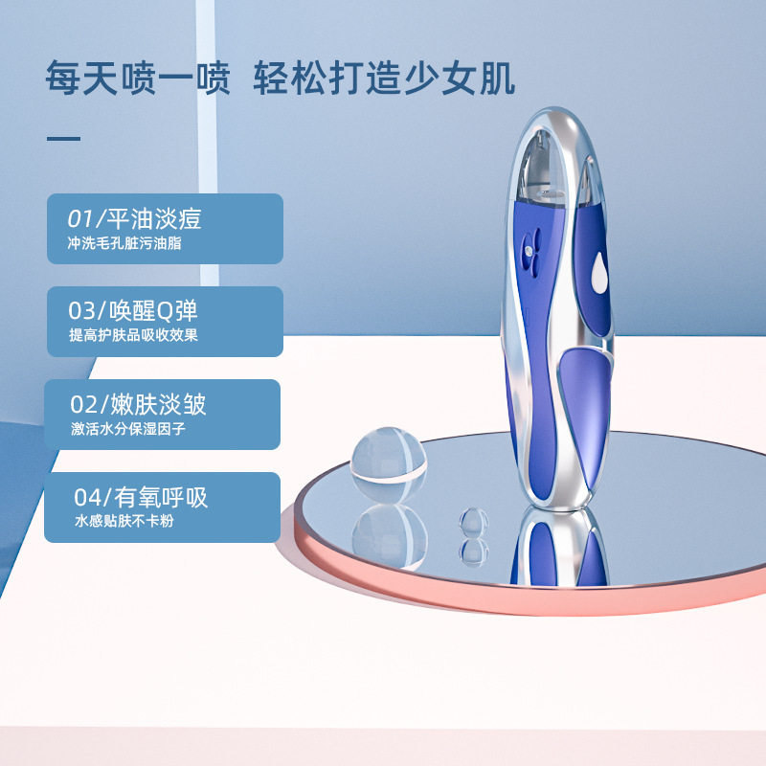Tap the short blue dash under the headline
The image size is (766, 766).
pos(64,139)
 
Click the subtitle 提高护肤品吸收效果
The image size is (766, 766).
pos(133,336)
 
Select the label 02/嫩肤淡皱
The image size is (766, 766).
pos(138,403)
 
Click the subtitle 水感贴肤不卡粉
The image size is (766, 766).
pos(124,523)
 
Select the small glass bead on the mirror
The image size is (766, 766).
pos(473,521)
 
